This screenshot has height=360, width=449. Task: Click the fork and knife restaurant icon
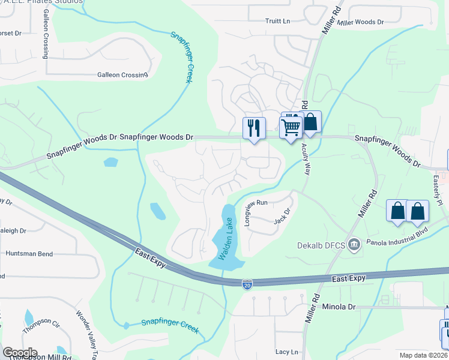(254, 128)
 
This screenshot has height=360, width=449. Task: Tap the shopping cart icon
(291, 127)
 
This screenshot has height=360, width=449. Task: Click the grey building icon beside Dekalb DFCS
(355, 244)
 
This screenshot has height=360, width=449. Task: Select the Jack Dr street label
(282, 216)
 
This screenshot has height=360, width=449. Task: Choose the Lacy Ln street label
(286, 352)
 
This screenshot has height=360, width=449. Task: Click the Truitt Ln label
(277, 21)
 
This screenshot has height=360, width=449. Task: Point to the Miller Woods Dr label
(360, 22)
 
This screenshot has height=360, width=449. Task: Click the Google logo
(20, 352)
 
